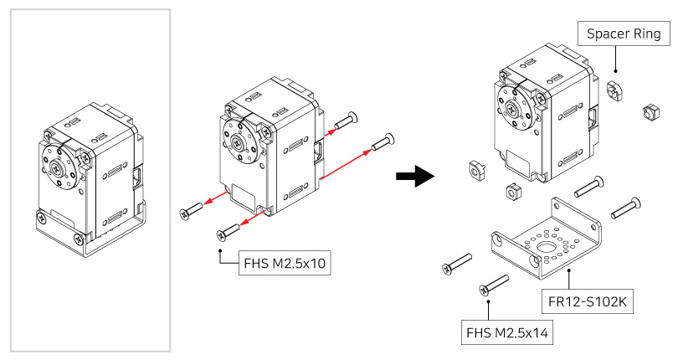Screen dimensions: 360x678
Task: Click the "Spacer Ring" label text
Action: click(x=624, y=35)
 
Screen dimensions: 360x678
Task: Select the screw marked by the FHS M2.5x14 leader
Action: click(x=494, y=285)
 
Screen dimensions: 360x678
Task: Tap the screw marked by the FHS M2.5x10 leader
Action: click(x=229, y=234)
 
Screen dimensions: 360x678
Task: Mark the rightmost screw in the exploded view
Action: click(x=626, y=207)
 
